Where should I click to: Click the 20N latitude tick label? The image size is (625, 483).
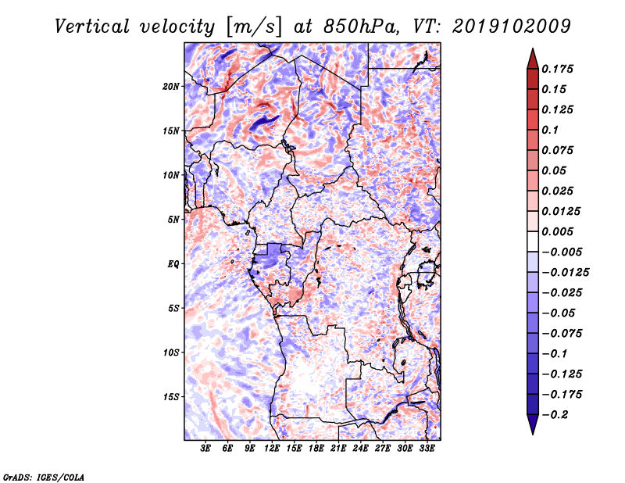[171, 87]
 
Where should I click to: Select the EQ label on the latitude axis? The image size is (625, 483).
[173, 264]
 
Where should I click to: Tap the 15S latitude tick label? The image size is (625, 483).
[171, 397]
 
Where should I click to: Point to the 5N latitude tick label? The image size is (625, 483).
[173, 220]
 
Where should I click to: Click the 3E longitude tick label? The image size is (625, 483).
[205, 449]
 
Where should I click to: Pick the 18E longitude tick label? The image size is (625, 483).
[316, 449]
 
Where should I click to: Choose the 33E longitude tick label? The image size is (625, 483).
[427, 449]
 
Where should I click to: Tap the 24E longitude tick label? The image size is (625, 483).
[360, 449]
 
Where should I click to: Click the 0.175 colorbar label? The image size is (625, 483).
[557, 69]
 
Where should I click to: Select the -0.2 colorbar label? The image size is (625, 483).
[555, 415]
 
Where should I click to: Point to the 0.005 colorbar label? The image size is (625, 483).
[557, 231]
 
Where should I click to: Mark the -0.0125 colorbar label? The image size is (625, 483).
[565, 273]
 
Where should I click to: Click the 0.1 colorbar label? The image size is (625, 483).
[550, 130]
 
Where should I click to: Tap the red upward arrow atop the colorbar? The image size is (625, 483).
[533, 59]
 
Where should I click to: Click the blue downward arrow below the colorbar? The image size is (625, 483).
[533, 424]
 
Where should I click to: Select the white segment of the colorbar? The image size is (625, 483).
[533, 241]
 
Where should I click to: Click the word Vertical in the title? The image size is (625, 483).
[92, 27]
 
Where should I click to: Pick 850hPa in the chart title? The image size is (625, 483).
[361, 27]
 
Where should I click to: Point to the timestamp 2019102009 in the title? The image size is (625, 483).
[512, 27]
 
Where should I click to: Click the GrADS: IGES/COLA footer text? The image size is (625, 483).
[44, 477]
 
